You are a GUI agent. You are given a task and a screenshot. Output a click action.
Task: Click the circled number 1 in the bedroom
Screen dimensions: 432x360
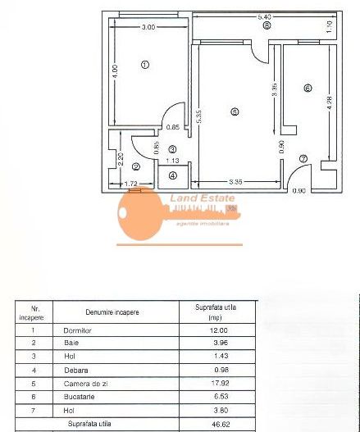pos(145,64)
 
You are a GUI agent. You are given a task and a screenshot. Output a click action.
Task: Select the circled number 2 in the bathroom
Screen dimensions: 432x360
pos(136,166)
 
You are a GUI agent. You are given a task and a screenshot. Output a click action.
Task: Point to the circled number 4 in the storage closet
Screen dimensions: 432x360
pos(172,175)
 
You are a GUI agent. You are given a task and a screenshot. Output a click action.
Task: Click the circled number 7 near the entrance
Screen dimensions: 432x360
pos(303,158)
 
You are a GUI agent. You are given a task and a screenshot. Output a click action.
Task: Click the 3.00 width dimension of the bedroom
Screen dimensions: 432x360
pos(148,27)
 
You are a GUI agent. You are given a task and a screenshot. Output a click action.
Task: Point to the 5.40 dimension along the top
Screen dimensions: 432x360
pos(265,16)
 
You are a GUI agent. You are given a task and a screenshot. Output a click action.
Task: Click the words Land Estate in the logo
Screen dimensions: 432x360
pos(202,198)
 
